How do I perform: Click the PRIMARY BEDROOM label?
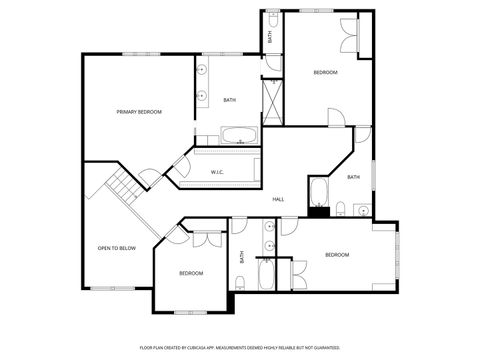click(x=138, y=112)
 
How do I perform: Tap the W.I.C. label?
click(x=217, y=173)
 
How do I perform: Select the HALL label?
click(x=278, y=199)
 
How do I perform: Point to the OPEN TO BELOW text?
click(x=116, y=248)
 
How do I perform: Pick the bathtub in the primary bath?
click(x=238, y=135)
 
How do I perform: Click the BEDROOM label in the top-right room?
click(x=325, y=72)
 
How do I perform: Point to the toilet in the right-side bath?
click(x=341, y=208)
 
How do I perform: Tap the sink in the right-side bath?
click(x=362, y=209)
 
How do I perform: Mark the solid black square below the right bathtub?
click(x=318, y=211)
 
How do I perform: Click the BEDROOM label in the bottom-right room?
click(x=337, y=255)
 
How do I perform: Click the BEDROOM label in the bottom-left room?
click(x=191, y=273)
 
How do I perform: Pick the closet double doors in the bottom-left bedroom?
click(x=207, y=240)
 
